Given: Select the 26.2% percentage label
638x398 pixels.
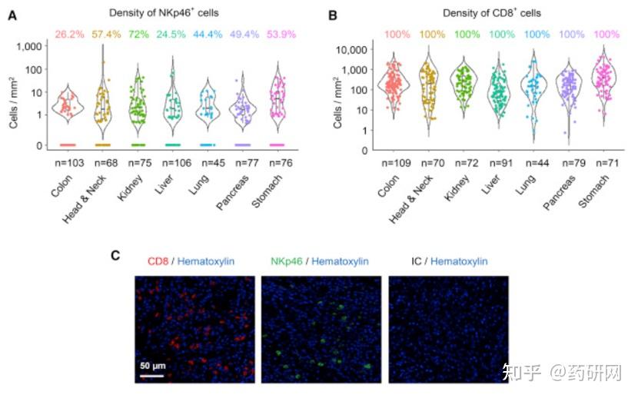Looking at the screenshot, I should [68, 35].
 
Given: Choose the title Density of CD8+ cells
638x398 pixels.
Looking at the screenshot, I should [491, 14].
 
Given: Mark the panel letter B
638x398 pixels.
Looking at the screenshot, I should [332, 14].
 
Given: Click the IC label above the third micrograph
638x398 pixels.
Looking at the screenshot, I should [416, 262].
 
